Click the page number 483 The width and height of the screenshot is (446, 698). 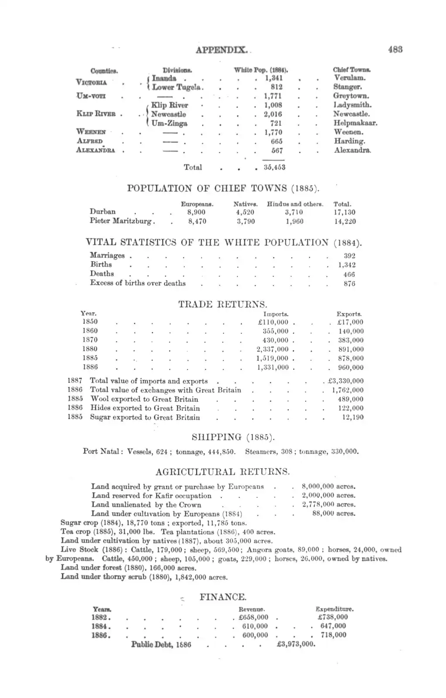click(395, 49)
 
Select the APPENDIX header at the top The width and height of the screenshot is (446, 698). click(222, 50)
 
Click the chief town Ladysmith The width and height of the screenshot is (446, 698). click(352, 105)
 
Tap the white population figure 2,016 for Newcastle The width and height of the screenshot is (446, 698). click(273, 114)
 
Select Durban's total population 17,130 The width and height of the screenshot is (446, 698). click(344, 212)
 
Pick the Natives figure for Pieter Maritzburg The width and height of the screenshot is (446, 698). click(246, 221)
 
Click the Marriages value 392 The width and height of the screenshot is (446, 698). click(349, 256)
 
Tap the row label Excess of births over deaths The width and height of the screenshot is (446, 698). click(138, 283)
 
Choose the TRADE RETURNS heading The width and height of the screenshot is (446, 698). click(223, 304)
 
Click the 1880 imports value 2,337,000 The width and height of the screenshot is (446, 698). click(272, 349)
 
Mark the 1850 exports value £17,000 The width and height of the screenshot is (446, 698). click(350, 322)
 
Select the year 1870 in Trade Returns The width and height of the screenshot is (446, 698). click(90, 340)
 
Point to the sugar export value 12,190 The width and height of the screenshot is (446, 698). click(353, 417)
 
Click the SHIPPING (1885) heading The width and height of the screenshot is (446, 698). click(233, 437)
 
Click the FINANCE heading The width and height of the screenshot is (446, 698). click(223, 597)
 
